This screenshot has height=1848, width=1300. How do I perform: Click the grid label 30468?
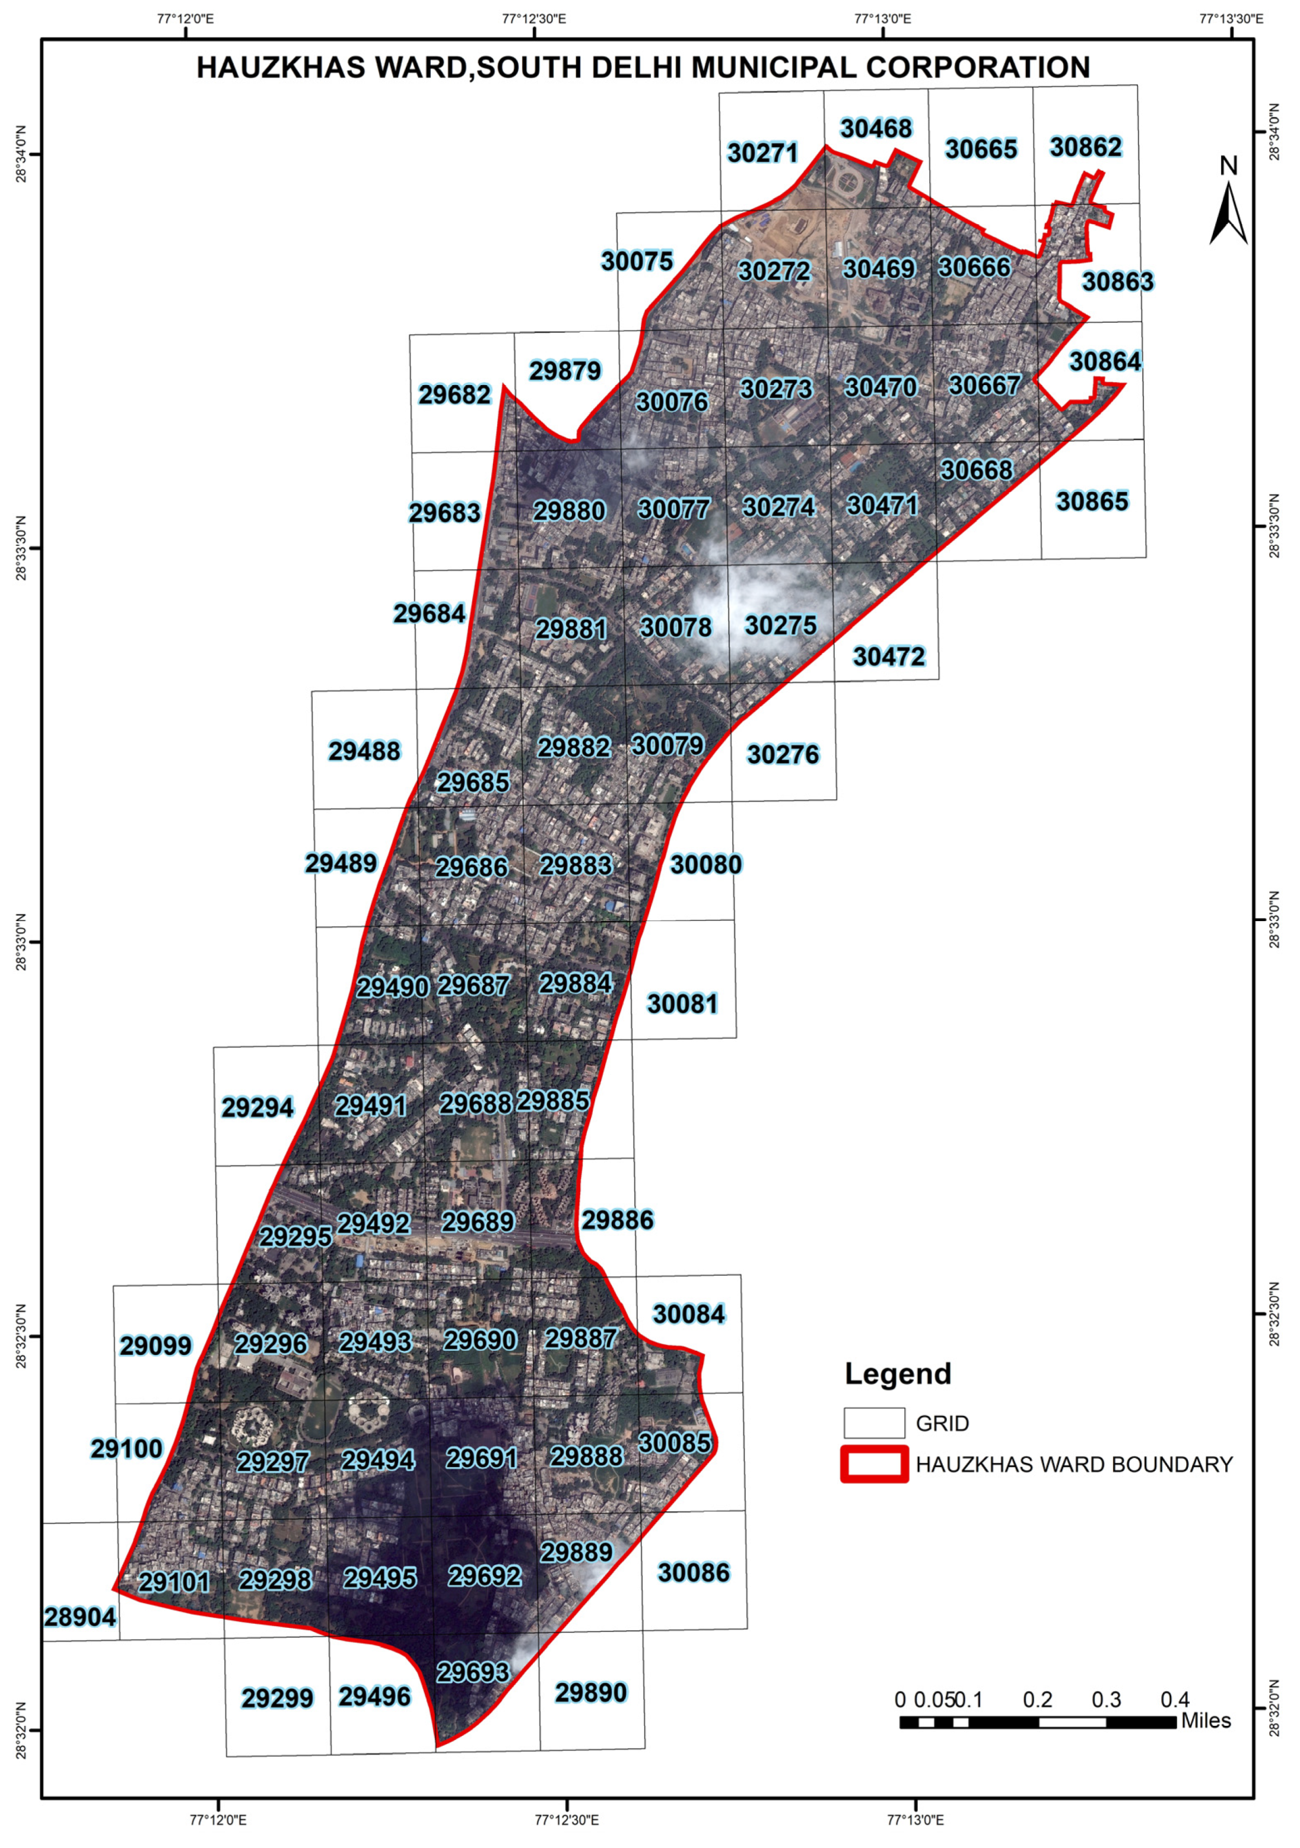point(876,129)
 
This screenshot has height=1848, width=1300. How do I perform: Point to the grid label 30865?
point(1092,501)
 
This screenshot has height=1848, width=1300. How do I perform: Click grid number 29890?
point(591,1693)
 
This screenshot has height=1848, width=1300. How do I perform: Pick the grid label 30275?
point(781,625)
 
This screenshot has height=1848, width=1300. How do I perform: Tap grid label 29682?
point(455,395)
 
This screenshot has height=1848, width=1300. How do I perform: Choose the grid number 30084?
point(689,1314)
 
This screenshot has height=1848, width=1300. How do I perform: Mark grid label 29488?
point(364,751)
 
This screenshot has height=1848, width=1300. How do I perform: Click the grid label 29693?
point(473,1672)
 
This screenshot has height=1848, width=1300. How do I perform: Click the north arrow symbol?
point(1228,213)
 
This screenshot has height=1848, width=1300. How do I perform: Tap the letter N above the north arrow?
point(1228,166)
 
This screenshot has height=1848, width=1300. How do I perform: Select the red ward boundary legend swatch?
point(874,1463)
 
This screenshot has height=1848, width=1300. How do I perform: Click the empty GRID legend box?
point(874,1423)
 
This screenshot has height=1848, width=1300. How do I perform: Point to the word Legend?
point(898,1374)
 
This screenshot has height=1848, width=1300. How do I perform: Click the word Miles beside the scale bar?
point(1206,1721)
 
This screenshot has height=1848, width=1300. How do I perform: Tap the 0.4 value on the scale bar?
point(1174,1700)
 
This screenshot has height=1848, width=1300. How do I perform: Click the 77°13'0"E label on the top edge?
point(883,18)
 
